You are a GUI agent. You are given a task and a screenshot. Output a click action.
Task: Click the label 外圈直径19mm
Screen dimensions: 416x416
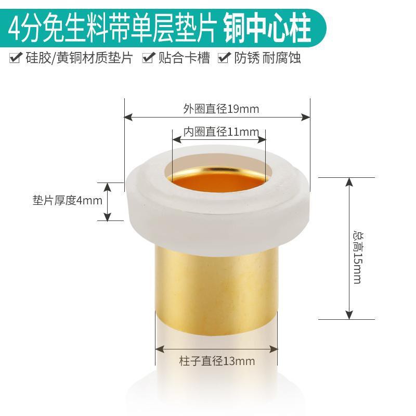221,109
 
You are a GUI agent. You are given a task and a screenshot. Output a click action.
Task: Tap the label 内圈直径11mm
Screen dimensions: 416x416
221,132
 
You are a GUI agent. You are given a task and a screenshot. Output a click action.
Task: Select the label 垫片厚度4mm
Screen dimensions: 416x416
68,200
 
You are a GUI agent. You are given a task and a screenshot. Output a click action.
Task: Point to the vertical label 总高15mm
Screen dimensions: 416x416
358,258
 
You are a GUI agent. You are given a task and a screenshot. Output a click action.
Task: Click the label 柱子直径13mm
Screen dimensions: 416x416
217,361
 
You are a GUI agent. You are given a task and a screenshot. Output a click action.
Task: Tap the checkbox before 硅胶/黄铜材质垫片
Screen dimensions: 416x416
16,57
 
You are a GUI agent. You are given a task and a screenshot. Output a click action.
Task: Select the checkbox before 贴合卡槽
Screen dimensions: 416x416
148,57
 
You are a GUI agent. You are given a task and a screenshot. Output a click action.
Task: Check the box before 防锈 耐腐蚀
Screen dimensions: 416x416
224,57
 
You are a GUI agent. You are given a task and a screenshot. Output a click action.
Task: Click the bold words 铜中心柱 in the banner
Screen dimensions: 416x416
267,28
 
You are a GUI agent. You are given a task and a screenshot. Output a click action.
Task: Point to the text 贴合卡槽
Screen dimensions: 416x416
184,58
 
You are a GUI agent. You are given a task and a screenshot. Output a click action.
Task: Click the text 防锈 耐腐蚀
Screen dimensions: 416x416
267,58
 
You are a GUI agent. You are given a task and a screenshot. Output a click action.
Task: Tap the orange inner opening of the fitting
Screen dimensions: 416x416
219,180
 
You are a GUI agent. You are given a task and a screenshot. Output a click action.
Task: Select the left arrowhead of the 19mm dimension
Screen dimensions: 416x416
128,116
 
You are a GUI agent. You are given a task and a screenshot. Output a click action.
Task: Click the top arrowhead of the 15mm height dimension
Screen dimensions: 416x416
349,181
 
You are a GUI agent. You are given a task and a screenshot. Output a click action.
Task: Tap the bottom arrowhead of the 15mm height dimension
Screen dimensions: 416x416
349,315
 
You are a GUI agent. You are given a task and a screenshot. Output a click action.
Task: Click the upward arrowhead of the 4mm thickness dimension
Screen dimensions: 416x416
107,187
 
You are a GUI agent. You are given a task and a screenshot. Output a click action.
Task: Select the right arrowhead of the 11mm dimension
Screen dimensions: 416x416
262,139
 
